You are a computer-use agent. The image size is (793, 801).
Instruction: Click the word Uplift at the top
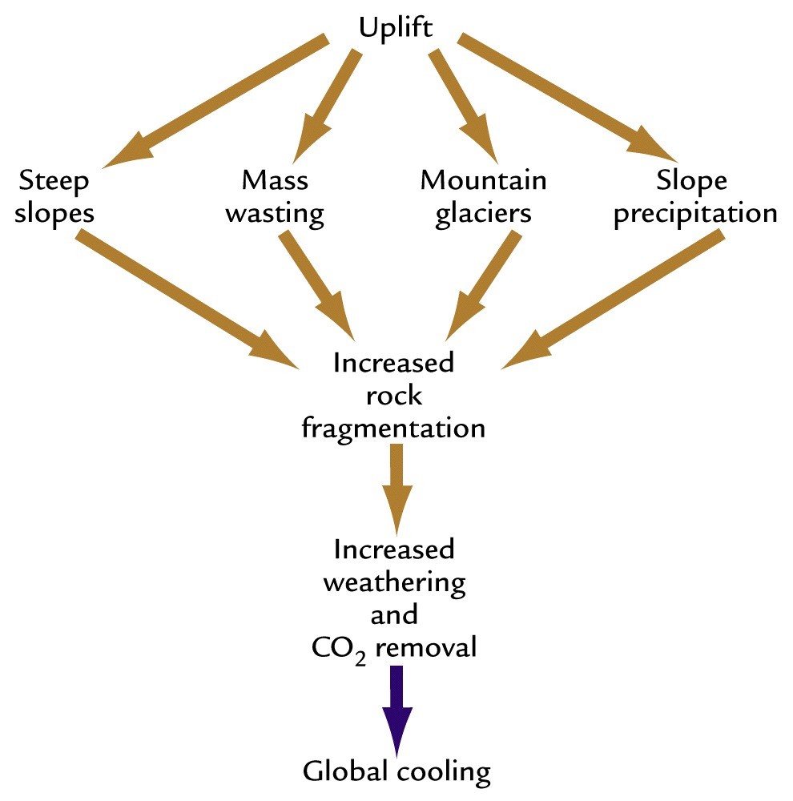click(395, 29)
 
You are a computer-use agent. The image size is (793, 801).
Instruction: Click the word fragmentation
click(393, 428)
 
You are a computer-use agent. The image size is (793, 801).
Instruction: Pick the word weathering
click(394, 582)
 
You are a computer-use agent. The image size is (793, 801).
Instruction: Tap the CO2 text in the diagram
click(336, 647)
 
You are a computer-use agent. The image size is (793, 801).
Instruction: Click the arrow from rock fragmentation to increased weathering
click(396, 489)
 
